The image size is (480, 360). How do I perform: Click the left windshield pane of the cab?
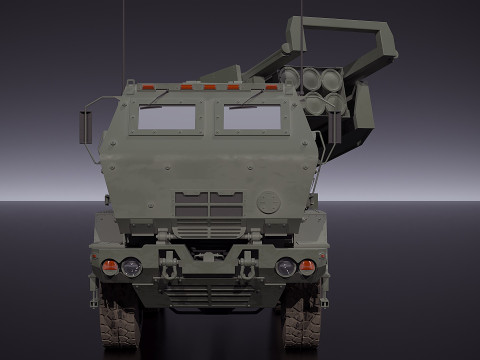pos(166,119)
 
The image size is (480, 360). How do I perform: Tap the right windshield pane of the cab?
pos(251,119)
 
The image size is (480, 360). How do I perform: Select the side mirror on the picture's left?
pos(85,127)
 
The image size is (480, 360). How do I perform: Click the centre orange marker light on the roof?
pos(209,88)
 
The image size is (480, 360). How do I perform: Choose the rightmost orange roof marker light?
pos(271,88)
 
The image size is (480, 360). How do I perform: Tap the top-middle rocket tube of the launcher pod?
pos(309,76)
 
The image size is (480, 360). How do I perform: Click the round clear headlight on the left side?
pos(131,267)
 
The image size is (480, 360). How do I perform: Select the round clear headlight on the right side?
pos(286,267)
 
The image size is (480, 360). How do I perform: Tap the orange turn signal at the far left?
pos(110,267)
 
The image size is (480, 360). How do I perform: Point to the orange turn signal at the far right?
pos(307,267)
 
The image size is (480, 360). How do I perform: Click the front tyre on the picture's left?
pos(121,326)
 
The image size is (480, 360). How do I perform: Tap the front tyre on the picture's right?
pos(300,326)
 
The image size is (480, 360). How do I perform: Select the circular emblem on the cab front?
pos(267,201)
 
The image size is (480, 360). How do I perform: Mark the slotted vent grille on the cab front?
pos(208,204)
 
